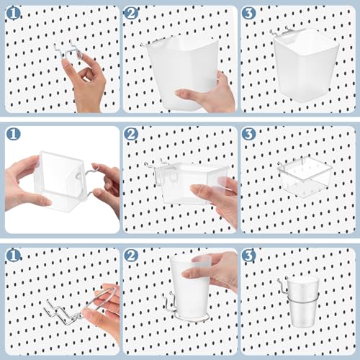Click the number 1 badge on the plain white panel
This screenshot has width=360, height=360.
(13, 134)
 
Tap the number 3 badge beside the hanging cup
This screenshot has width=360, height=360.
(248, 256)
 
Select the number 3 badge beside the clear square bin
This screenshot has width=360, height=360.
(248, 134)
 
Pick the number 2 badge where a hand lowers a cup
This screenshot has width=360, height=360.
(131, 256)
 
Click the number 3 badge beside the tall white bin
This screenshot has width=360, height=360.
(248, 13)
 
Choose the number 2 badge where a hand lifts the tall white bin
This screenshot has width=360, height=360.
(131, 13)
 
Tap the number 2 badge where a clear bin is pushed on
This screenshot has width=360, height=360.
(131, 134)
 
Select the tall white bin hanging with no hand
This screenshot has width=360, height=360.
(306, 63)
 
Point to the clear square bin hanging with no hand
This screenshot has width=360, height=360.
(305, 177)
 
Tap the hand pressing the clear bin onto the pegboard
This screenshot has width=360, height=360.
(216, 199)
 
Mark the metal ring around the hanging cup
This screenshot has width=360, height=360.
(303, 297)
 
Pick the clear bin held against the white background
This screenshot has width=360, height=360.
(59, 180)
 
